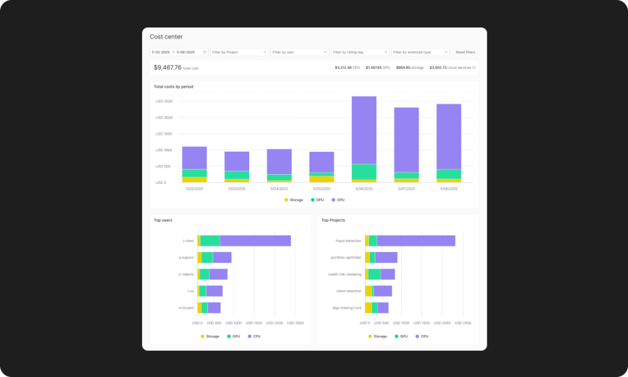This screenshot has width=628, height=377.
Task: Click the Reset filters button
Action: point(465,52)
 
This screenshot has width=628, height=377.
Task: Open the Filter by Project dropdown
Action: point(239,52)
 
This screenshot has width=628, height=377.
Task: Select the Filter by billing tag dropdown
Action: point(360,52)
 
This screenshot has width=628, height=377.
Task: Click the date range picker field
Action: point(179,52)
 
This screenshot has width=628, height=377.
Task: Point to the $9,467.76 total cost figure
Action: point(167,67)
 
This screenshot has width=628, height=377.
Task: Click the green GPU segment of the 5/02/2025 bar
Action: point(194,173)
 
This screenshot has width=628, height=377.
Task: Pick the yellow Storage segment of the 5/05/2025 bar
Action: point(322,179)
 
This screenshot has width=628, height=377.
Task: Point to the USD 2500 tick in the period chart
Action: point(164,101)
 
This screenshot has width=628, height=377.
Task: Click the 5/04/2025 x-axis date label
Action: point(279,188)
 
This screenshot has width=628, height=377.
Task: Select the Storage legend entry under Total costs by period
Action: point(294,200)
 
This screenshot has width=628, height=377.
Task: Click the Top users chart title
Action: point(163,220)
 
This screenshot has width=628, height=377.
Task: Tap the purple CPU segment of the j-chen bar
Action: point(255,241)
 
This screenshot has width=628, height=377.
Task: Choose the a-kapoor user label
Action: point(186,257)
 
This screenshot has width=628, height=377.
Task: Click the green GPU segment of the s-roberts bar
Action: point(205,274)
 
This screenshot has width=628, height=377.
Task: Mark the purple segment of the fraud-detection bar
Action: point(416,241)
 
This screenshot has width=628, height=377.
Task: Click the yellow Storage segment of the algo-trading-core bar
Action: point(368,308)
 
